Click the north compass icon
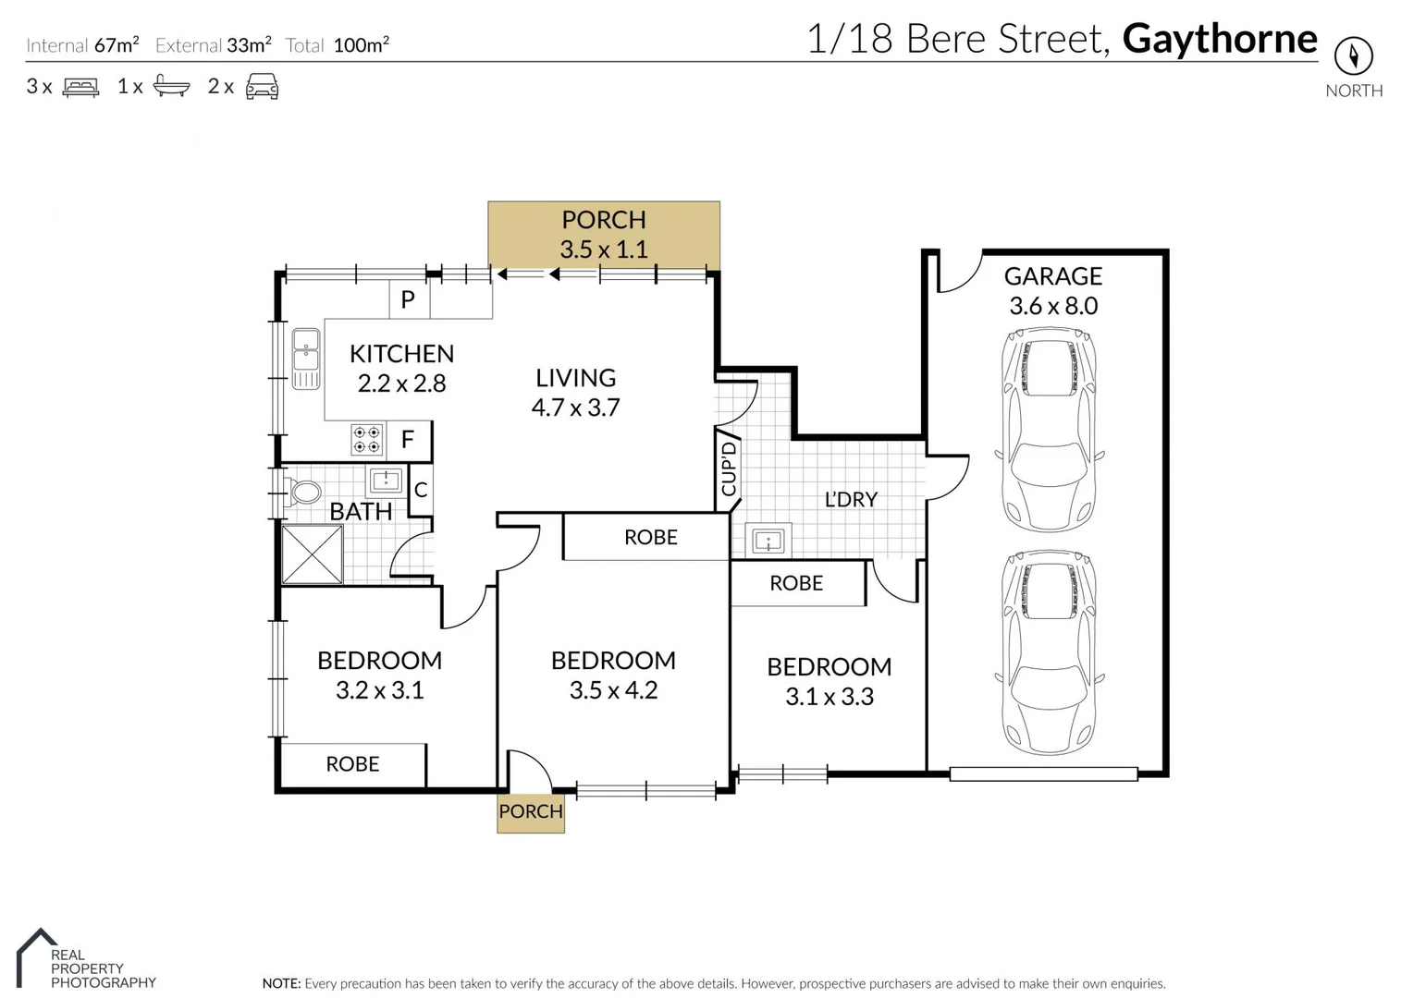[x=1353, y=56]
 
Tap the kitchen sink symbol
[x=305, y=358]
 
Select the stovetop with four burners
[x=367, y=440]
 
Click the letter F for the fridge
[x=408, y=440]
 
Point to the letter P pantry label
[x=408, y=299]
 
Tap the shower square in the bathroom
[x=312, y=554]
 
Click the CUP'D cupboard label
[x=729, y=469]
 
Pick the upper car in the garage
[x=1050, y=431]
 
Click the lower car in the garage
[x=1050, y=652]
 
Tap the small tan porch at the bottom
[x=530, y=812]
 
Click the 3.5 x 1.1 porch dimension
[x=603, y=249]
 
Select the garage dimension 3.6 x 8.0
[x=1052, y=306]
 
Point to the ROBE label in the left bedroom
[x=352, y=764]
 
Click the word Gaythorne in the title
[x=1219, y=39]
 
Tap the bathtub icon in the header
[x=171, y=86]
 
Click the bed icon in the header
[x=80, y=87]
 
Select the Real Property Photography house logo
[x=36, y=956]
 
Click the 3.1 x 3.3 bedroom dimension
[x=829, y=697]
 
